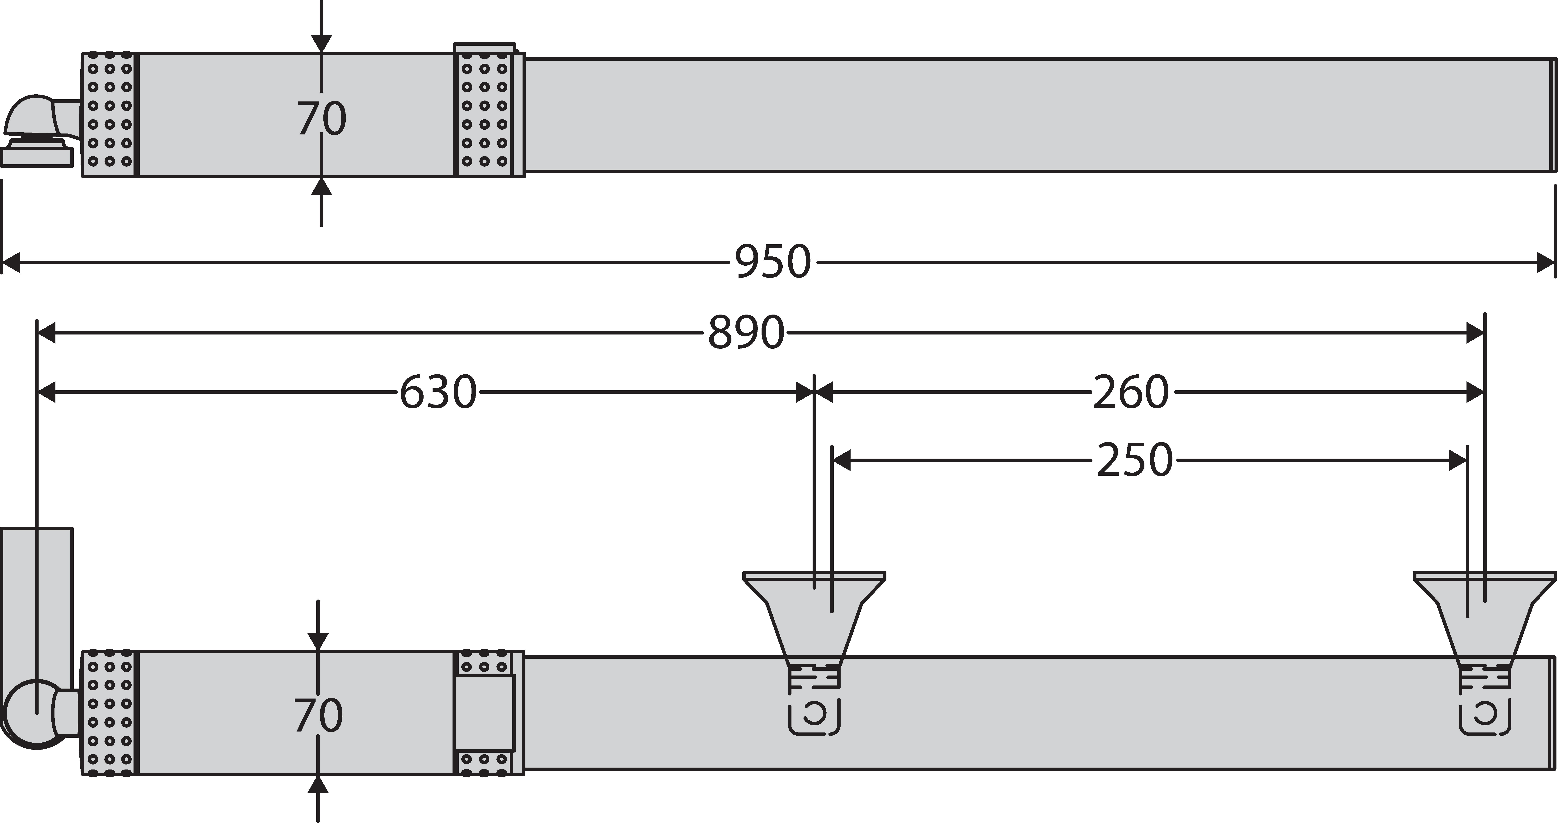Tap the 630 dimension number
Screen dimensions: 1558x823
[438, 392]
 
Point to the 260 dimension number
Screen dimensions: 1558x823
[1131, 392]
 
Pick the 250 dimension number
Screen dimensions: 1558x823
[1135, 461]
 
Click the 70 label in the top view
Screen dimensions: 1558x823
[321, 119]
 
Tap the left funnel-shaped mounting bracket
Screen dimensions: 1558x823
[814, 617]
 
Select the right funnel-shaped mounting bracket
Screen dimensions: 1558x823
[1485, 617]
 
